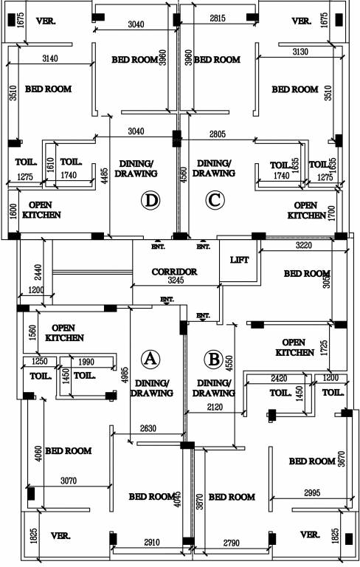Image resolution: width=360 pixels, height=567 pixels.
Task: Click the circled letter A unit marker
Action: point(150,359)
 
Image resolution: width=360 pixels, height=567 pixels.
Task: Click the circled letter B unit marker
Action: point(214,360)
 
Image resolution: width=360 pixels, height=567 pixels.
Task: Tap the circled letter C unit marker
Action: point(215,199)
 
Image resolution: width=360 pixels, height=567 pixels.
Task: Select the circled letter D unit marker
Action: point(150,199)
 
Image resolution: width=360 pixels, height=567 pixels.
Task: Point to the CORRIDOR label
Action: point(174,272)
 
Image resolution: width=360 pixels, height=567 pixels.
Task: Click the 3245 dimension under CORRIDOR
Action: point(174,281)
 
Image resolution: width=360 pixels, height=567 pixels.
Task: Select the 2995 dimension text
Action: point(313,492)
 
